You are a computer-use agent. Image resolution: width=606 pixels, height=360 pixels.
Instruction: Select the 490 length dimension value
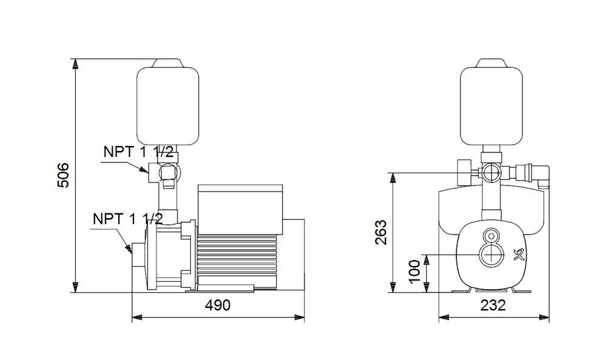(218, 305)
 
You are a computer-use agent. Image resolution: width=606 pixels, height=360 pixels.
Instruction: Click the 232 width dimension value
(493, 305)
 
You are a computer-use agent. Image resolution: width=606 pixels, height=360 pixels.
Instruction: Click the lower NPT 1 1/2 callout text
(127, 219)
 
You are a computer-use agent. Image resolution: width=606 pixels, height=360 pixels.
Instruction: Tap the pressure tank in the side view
(167, 105)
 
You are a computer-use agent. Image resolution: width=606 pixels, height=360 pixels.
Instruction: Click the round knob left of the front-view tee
(464, 173)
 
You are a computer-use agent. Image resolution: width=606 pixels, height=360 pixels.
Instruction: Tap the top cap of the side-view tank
(167, 62)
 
